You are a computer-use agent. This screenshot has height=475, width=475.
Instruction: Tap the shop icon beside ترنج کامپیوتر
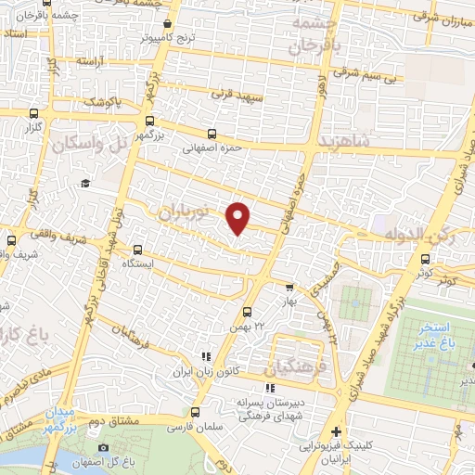tap(167, 24)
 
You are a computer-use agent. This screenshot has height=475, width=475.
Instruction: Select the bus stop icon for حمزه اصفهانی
tap(212, 134)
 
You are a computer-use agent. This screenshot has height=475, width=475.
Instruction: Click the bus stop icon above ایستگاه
tap(137, 249)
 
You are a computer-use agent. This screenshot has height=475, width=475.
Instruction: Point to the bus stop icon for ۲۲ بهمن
tap(247, 312)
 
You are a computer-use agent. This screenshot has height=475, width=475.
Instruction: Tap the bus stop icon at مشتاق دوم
tap(195, 413)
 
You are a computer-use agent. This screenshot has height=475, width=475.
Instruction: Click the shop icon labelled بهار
tap(289, 288)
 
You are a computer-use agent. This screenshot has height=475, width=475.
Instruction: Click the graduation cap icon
tap(85, 184)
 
